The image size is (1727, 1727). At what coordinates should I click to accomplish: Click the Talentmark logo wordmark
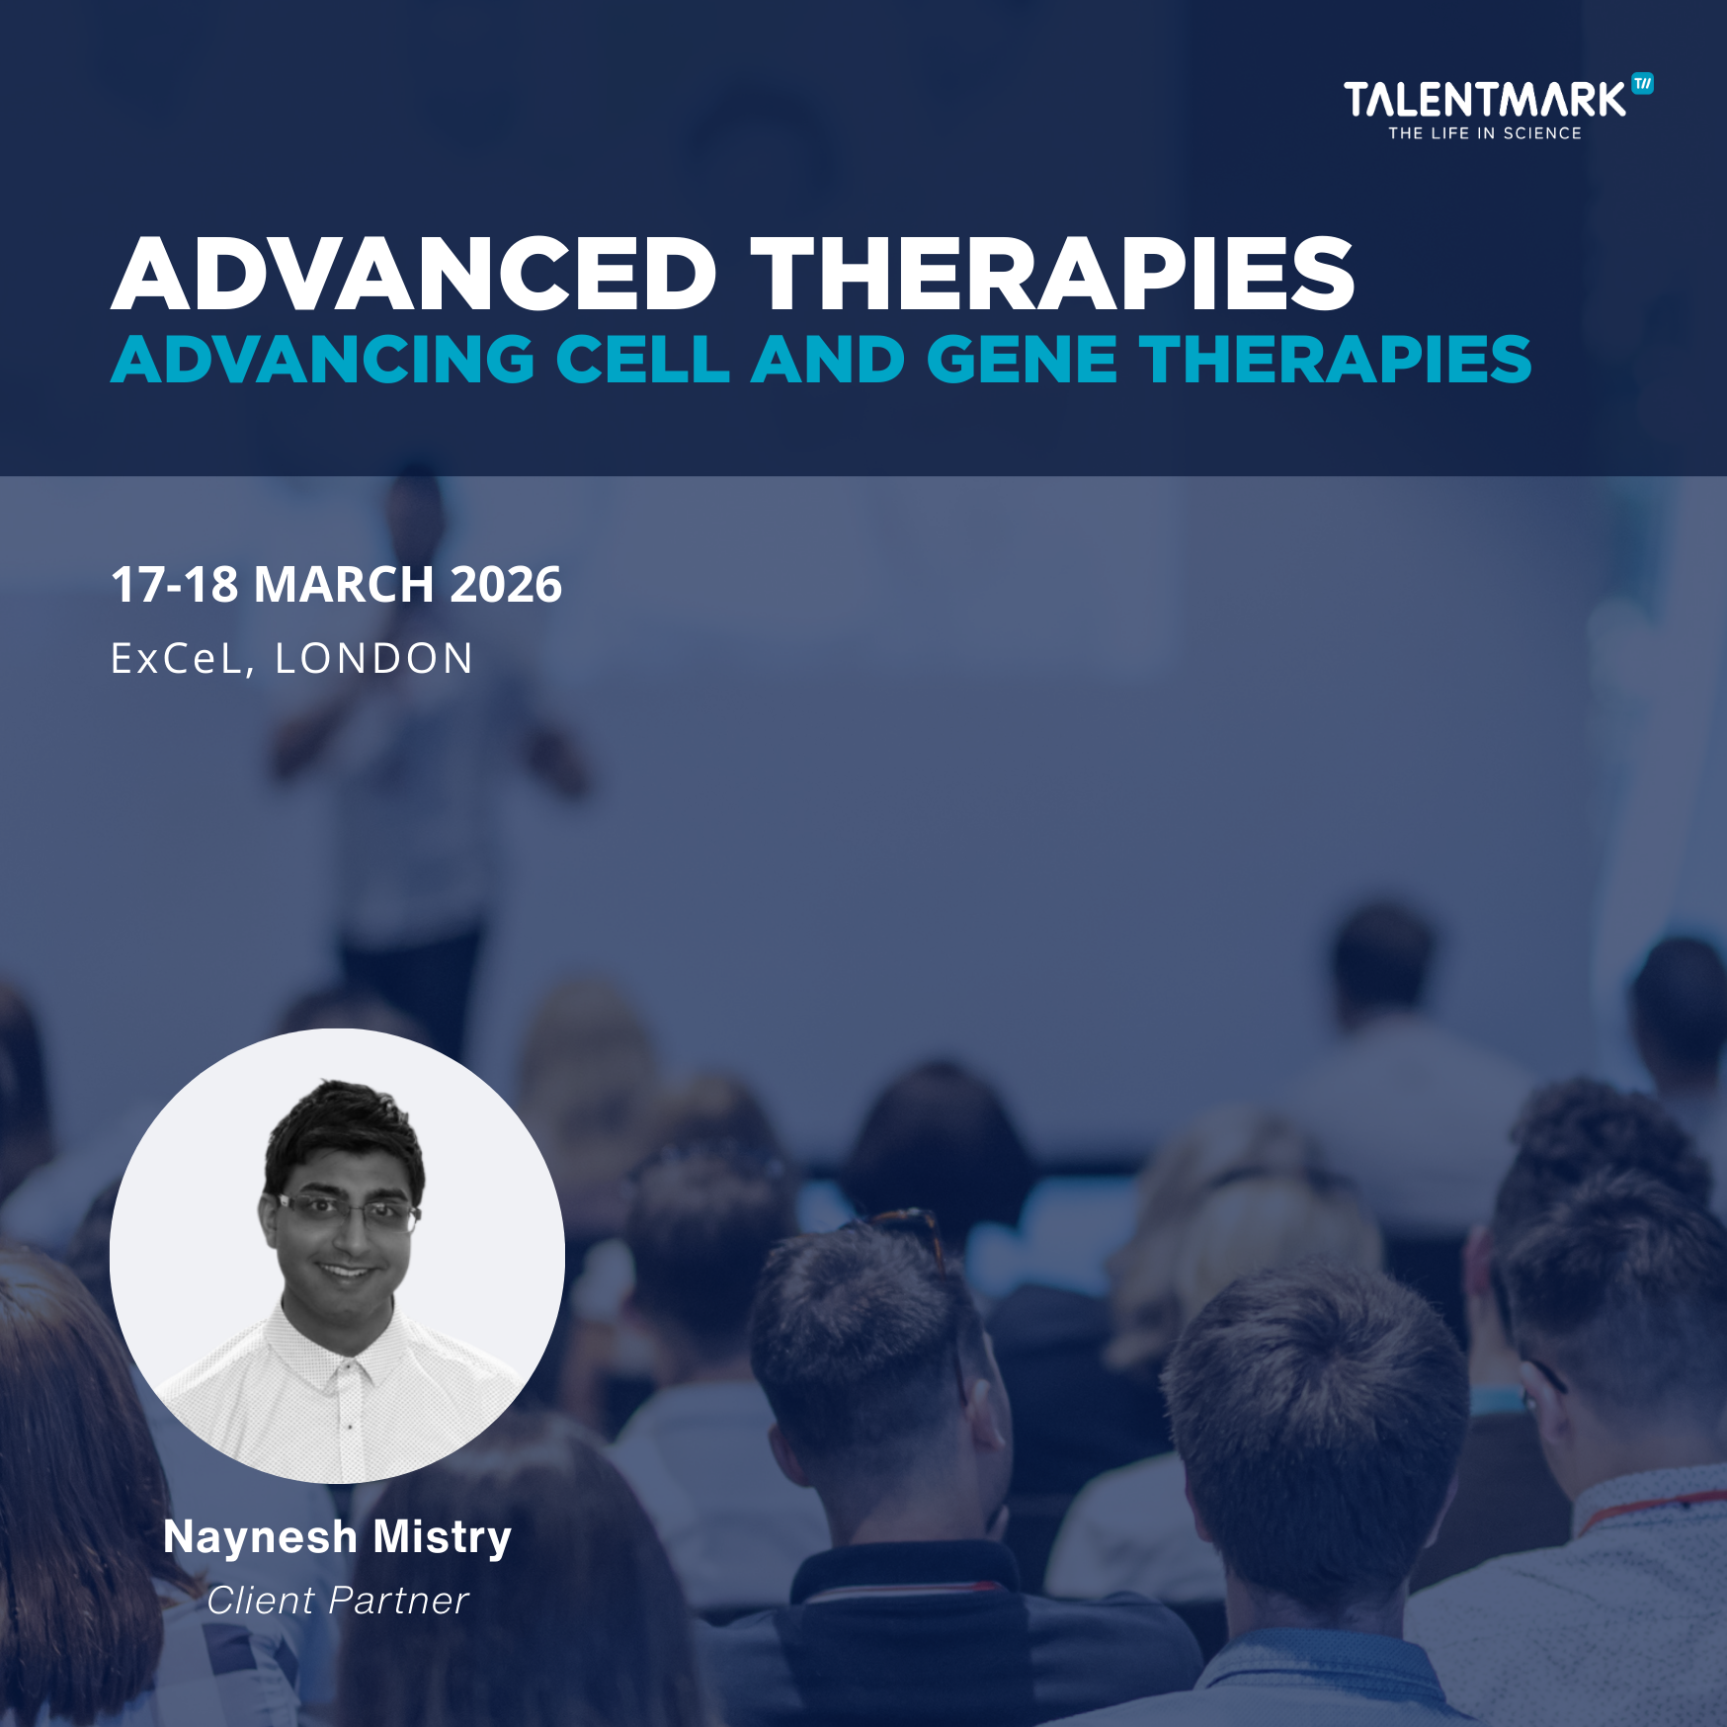tap(1484, 100)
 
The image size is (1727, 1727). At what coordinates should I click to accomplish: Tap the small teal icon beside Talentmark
tap(1642, 84)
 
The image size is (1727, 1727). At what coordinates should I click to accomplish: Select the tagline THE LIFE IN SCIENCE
tap(1485, 133)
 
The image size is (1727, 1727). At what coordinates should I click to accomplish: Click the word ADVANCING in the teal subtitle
tap(323, 359)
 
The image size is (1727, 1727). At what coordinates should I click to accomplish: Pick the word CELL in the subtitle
tap(642, 359)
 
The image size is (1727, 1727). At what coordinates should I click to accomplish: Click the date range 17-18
tap(175, 584)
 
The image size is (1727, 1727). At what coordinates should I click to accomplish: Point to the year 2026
tap(506, 584)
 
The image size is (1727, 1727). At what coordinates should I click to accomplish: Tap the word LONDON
tap(374, 659)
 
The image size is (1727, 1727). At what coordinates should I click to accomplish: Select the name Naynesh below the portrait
tap(260, 1538)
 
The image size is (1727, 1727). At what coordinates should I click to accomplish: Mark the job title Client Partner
tap(338, 1601)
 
